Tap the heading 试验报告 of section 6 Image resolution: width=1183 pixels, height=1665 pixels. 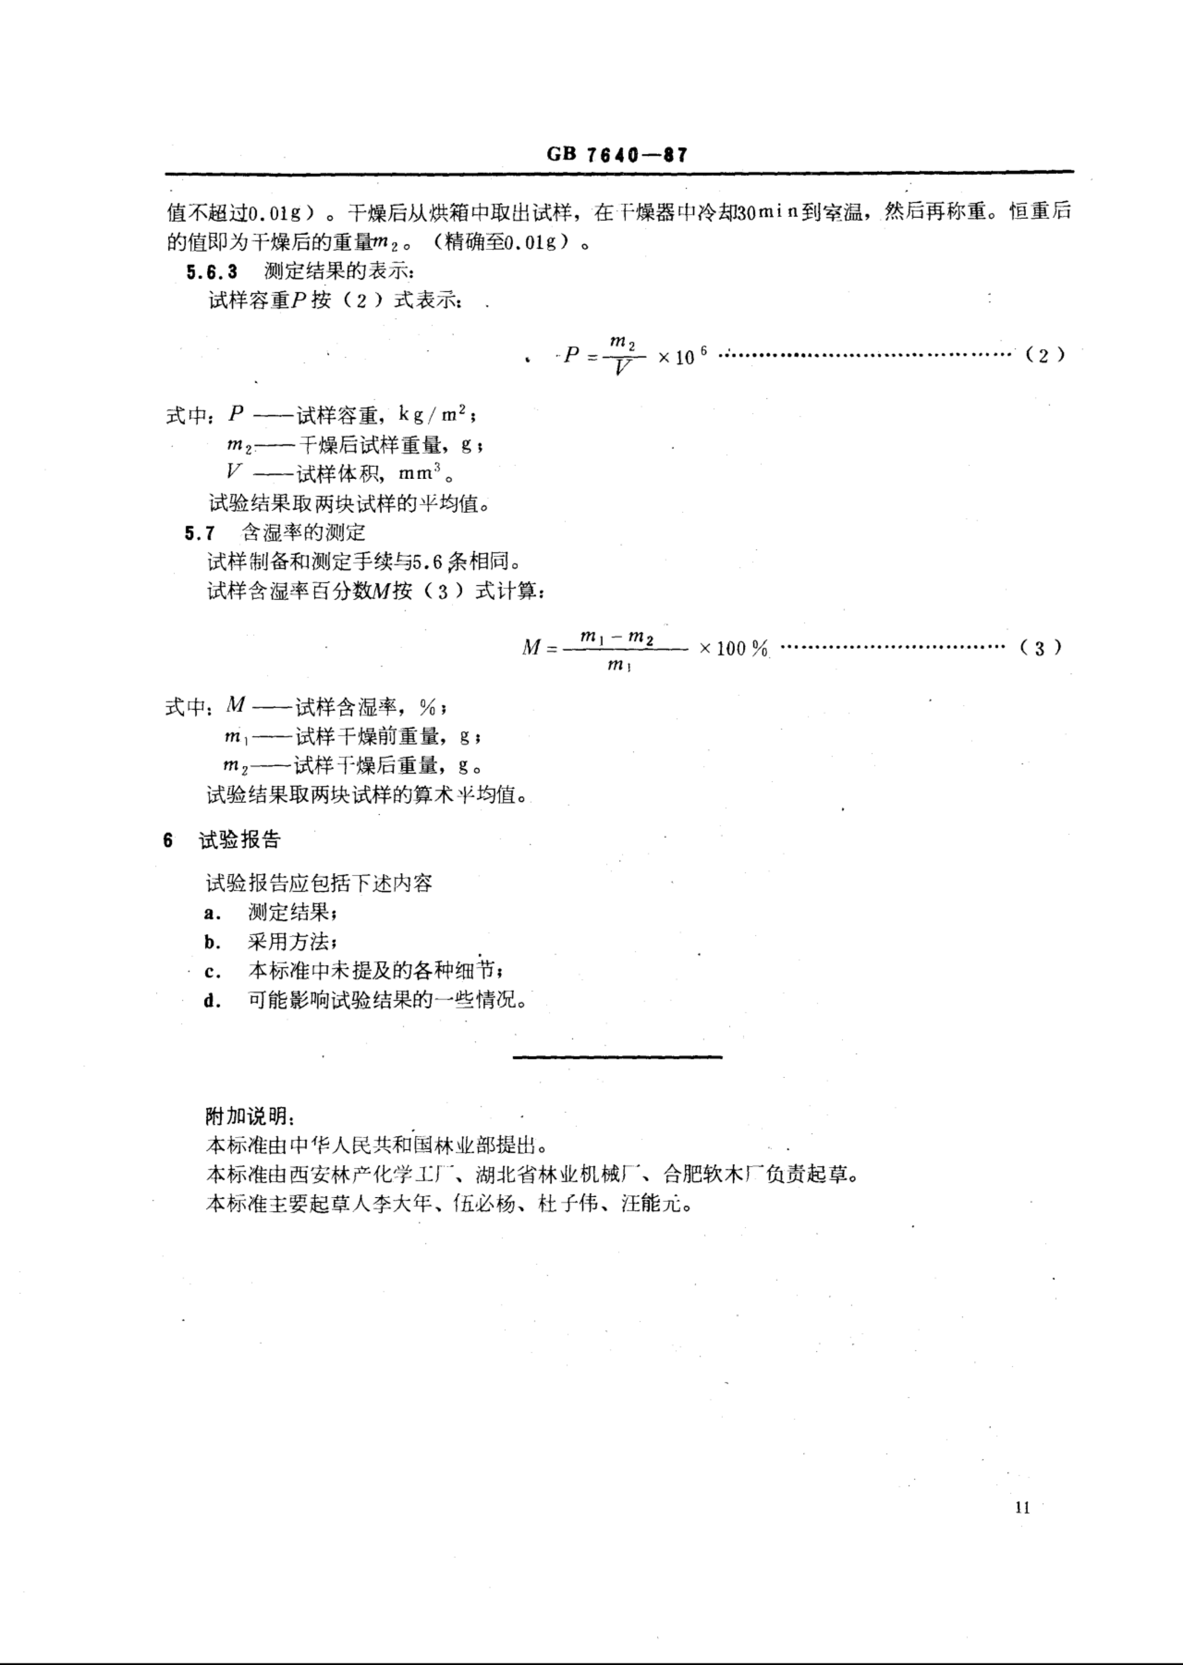pyautogui.click(x=240, y=840)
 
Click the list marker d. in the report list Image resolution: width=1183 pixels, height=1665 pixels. pyautogui.click(x=212, y=1001)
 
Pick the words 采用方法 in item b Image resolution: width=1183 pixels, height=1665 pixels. pyautogui.click(x=288, y=942)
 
